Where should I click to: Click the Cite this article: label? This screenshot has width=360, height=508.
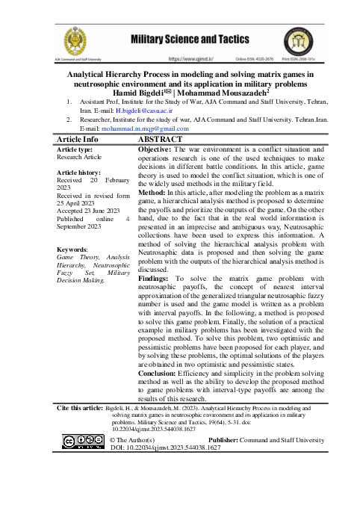pos(84,409)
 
